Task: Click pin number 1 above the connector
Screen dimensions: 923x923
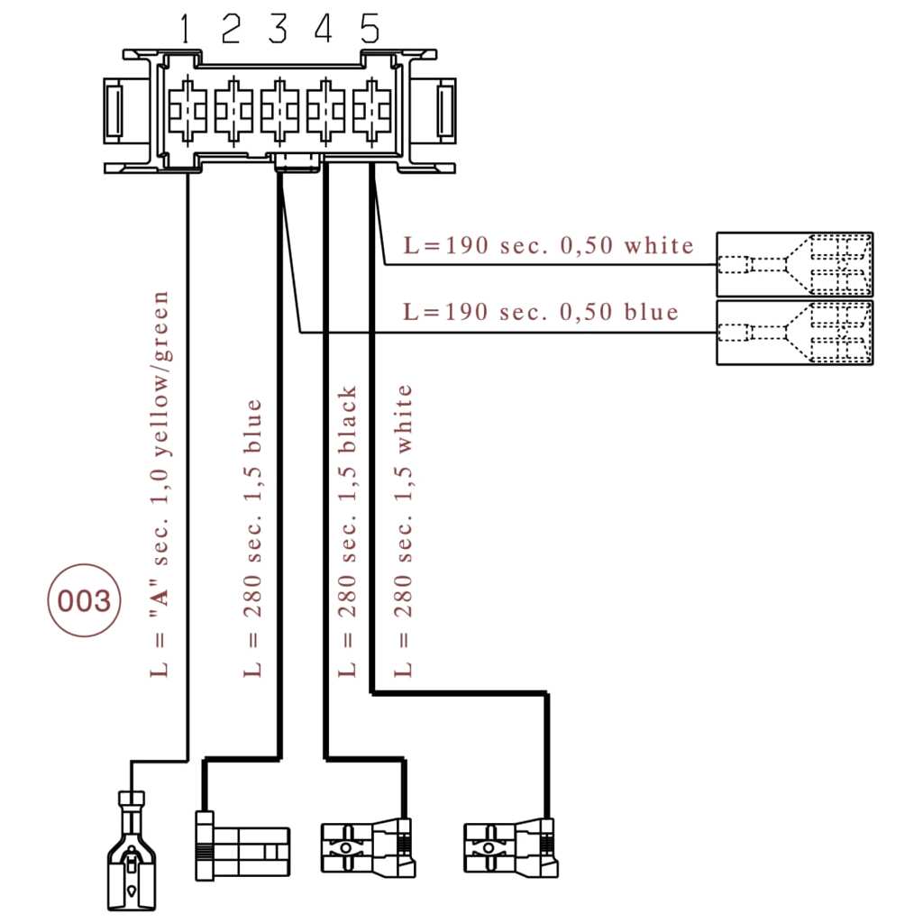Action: [185, 30]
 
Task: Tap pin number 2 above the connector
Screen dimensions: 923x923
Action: [231, 30]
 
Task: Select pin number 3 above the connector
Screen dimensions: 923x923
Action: [278, 30]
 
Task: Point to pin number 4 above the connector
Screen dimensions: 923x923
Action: [324, 30]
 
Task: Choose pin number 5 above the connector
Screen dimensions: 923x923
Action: [370, 30]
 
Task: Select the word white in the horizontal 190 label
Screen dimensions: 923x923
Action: [660, 245]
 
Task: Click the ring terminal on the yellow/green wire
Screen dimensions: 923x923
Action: [132, 851]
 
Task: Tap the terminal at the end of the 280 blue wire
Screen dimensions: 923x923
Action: [242, 843]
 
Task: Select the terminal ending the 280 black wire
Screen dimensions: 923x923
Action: [370, 847]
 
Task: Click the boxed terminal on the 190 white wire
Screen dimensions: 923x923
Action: [794, 264]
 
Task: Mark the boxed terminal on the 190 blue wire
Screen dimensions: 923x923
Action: [794, 332]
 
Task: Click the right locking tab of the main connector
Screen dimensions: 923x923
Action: [446, 109]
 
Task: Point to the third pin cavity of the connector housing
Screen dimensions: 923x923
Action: [278, 109]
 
